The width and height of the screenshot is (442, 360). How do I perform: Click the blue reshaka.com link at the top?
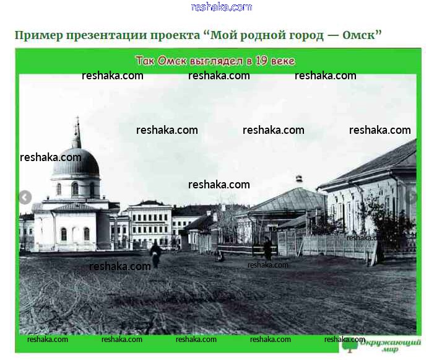[x=221, y=7]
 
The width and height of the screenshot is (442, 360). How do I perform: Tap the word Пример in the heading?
[x=38, y=36]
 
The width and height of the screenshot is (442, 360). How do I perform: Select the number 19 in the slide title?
[x=261, y=60]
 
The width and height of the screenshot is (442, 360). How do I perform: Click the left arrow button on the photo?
[x=25, y=197]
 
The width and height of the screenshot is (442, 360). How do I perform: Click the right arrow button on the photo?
[x=413, y=197]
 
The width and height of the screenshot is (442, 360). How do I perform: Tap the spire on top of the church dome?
[x=77, y=132]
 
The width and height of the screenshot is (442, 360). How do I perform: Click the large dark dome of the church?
[x=76, y=162]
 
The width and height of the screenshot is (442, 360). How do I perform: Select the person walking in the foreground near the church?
[x=155, y=254]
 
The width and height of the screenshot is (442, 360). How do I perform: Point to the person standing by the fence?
[x=267, y=248]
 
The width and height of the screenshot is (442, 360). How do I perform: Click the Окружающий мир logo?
[x=381, y=345]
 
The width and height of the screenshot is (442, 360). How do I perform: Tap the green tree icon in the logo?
[x=350, y=345]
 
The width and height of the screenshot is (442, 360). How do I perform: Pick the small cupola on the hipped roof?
[x=299, y=179]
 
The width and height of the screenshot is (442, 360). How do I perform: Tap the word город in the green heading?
[x=306, y=36]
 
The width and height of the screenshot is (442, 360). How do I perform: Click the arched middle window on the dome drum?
[x=75, y=189]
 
